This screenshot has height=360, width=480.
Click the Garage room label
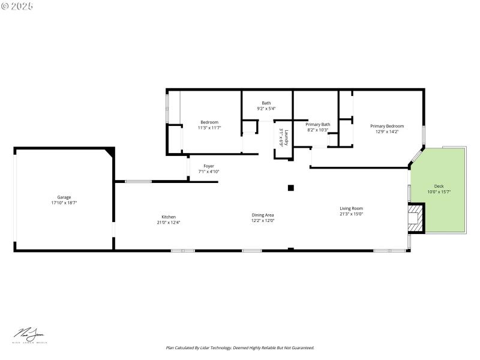[x=64, y=197]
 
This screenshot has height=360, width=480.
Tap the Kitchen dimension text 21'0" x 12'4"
[x=169, y=223]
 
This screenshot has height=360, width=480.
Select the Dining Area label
[x=263, y=215]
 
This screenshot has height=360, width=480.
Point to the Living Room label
[x=351, y=208]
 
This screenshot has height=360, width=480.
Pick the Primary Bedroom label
[x=386, y=126]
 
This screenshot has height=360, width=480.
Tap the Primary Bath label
[x=318, y=124]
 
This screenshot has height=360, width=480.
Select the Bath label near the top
[x=266, y=103]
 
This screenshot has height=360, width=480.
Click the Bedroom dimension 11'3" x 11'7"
[x=209, y=128]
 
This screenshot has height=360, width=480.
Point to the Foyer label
[x=209, y=166]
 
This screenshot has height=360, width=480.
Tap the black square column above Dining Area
[x=291, y=188]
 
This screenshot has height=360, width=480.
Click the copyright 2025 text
[x=17, y=6]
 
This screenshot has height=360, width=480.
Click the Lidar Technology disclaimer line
[x=240, y=347]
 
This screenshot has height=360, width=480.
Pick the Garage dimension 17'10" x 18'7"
[x=64, y=203]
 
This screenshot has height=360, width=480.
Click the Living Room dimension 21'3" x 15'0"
[x=351, y=214]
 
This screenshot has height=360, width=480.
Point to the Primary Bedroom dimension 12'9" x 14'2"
[x=386, y=132]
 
